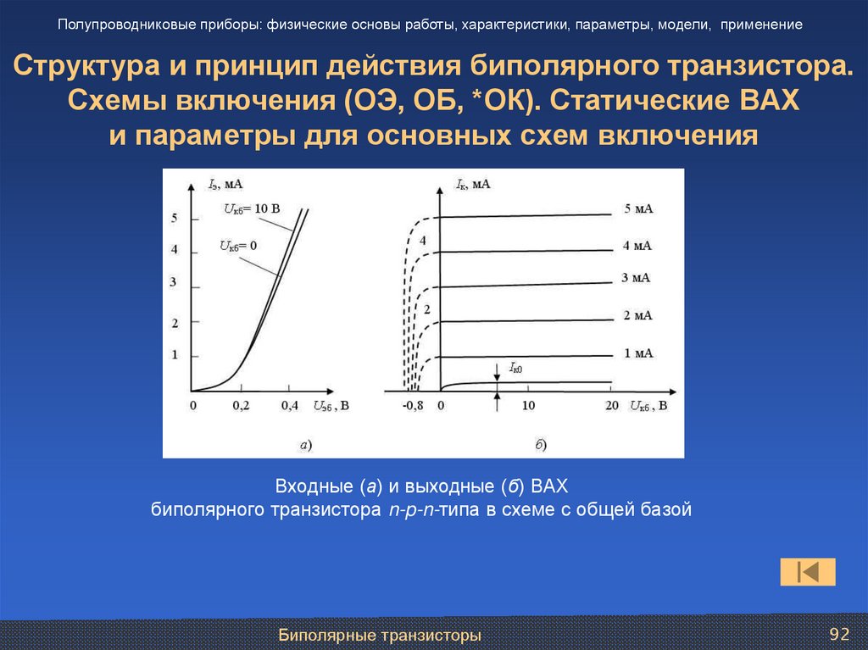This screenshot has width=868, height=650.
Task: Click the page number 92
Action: [838, 635]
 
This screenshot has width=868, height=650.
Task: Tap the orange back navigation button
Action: [808, 572]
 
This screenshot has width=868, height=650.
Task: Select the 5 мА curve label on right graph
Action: [638, 209]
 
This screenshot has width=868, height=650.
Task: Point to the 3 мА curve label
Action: [637, 278]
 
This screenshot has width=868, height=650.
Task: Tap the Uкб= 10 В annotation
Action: [252, 208]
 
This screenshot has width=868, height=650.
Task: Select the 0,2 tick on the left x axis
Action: [241, 407]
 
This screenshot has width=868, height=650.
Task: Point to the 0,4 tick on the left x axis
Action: [290, 407]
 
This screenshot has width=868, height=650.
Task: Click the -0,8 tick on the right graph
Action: [413, 407]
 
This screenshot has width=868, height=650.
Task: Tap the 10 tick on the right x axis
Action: [527, 407]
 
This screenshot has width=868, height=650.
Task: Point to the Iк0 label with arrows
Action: [515, 367]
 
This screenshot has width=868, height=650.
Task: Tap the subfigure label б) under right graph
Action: [540, 443]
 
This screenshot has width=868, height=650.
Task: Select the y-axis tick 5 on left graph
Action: [174, 219]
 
